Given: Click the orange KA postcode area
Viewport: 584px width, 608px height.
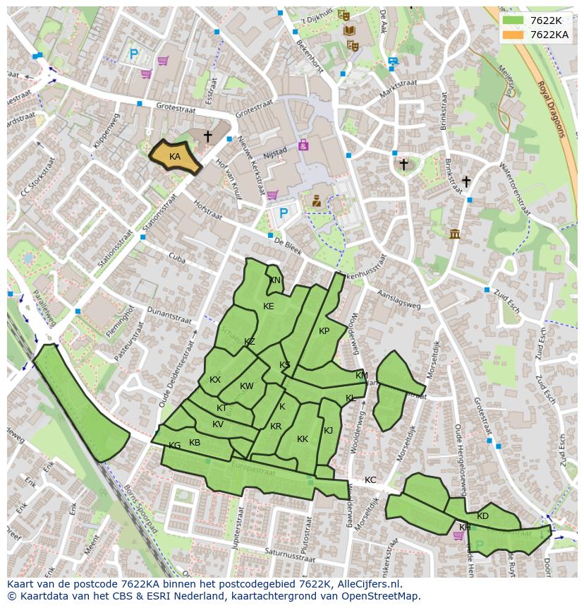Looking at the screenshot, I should coord(175,157).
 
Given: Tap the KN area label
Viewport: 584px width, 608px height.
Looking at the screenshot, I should coord(274,280).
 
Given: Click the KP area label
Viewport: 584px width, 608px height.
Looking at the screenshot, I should coord(324,331).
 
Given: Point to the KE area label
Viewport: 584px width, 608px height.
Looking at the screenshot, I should coord(268,306).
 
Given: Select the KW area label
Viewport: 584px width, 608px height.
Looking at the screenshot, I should coord(246,386).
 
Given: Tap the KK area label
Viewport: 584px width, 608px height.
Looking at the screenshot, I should coord(303,439).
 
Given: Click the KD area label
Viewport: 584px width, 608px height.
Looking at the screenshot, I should coord(482,516).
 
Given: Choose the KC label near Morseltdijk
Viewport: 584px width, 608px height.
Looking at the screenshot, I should coord(370,480).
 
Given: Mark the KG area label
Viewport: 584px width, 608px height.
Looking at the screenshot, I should coord(175,446).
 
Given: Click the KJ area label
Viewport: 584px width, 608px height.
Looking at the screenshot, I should coord(328,431).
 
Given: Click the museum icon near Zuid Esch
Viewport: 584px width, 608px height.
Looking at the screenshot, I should coord(454,234).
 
